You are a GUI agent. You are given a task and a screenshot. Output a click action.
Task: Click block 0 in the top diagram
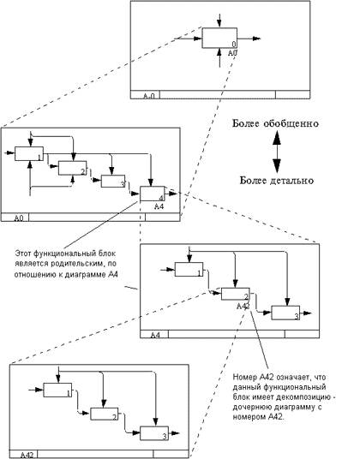[219, 38]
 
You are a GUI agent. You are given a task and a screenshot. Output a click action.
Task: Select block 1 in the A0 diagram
[29, 153]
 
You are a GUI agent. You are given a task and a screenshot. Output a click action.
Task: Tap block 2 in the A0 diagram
[72, 168]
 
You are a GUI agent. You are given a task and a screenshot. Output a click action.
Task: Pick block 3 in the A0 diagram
[113, 182]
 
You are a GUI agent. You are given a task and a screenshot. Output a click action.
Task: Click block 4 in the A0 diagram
[153, 194]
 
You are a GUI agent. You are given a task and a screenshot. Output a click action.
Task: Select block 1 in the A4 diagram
[189, 269]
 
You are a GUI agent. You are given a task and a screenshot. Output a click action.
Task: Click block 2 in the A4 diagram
[236, 294]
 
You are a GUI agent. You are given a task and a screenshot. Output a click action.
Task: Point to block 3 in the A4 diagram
[285, 313]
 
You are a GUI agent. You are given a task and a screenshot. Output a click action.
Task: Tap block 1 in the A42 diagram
[57, 390]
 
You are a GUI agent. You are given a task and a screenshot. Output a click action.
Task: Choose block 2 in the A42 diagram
[105, 414]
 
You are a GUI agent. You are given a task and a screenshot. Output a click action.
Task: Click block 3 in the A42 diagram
[154, 433]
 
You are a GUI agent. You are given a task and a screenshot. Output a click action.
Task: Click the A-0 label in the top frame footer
[149, 96]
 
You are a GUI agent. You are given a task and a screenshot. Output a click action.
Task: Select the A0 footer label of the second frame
[19, 218]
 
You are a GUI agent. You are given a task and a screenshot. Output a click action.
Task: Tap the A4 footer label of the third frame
[155, 335]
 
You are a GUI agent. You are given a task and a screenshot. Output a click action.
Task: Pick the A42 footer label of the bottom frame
[27, 455]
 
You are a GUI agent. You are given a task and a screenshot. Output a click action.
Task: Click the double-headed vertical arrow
[277, 152]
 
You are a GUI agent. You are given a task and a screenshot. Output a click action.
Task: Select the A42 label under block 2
[243, 307]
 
